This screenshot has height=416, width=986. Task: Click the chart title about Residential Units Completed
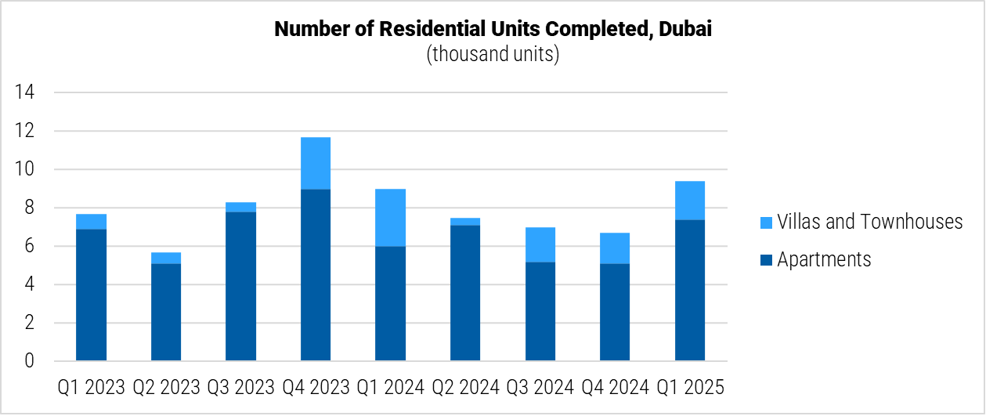(x=493, y=30)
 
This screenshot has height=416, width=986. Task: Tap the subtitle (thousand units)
(x=493, y=55)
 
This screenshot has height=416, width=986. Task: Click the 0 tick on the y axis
(x=30, y=361)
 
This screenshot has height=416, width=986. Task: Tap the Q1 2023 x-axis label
(x=91, y=387)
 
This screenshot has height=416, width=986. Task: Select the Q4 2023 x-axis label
(x=316, y=387)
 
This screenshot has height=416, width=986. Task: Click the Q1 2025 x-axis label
(x=690, y=387)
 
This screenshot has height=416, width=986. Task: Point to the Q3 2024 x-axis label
(x=540, y=387)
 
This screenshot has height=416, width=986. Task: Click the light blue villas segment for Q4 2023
(x=316, y=163)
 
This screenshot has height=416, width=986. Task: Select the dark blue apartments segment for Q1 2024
(x=390, y=304)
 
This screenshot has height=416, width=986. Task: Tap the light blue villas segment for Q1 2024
(x=390, y=218)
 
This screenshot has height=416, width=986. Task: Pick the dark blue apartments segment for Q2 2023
(x=166, y=313)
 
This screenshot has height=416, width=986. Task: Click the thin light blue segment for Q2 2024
(x=465, y=222)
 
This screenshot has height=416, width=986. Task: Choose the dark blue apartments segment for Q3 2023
(x=240, y=287)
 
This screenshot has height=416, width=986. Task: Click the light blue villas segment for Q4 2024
(x=615, y=248)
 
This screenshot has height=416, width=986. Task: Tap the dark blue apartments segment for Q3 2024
(x=540, y=312)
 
